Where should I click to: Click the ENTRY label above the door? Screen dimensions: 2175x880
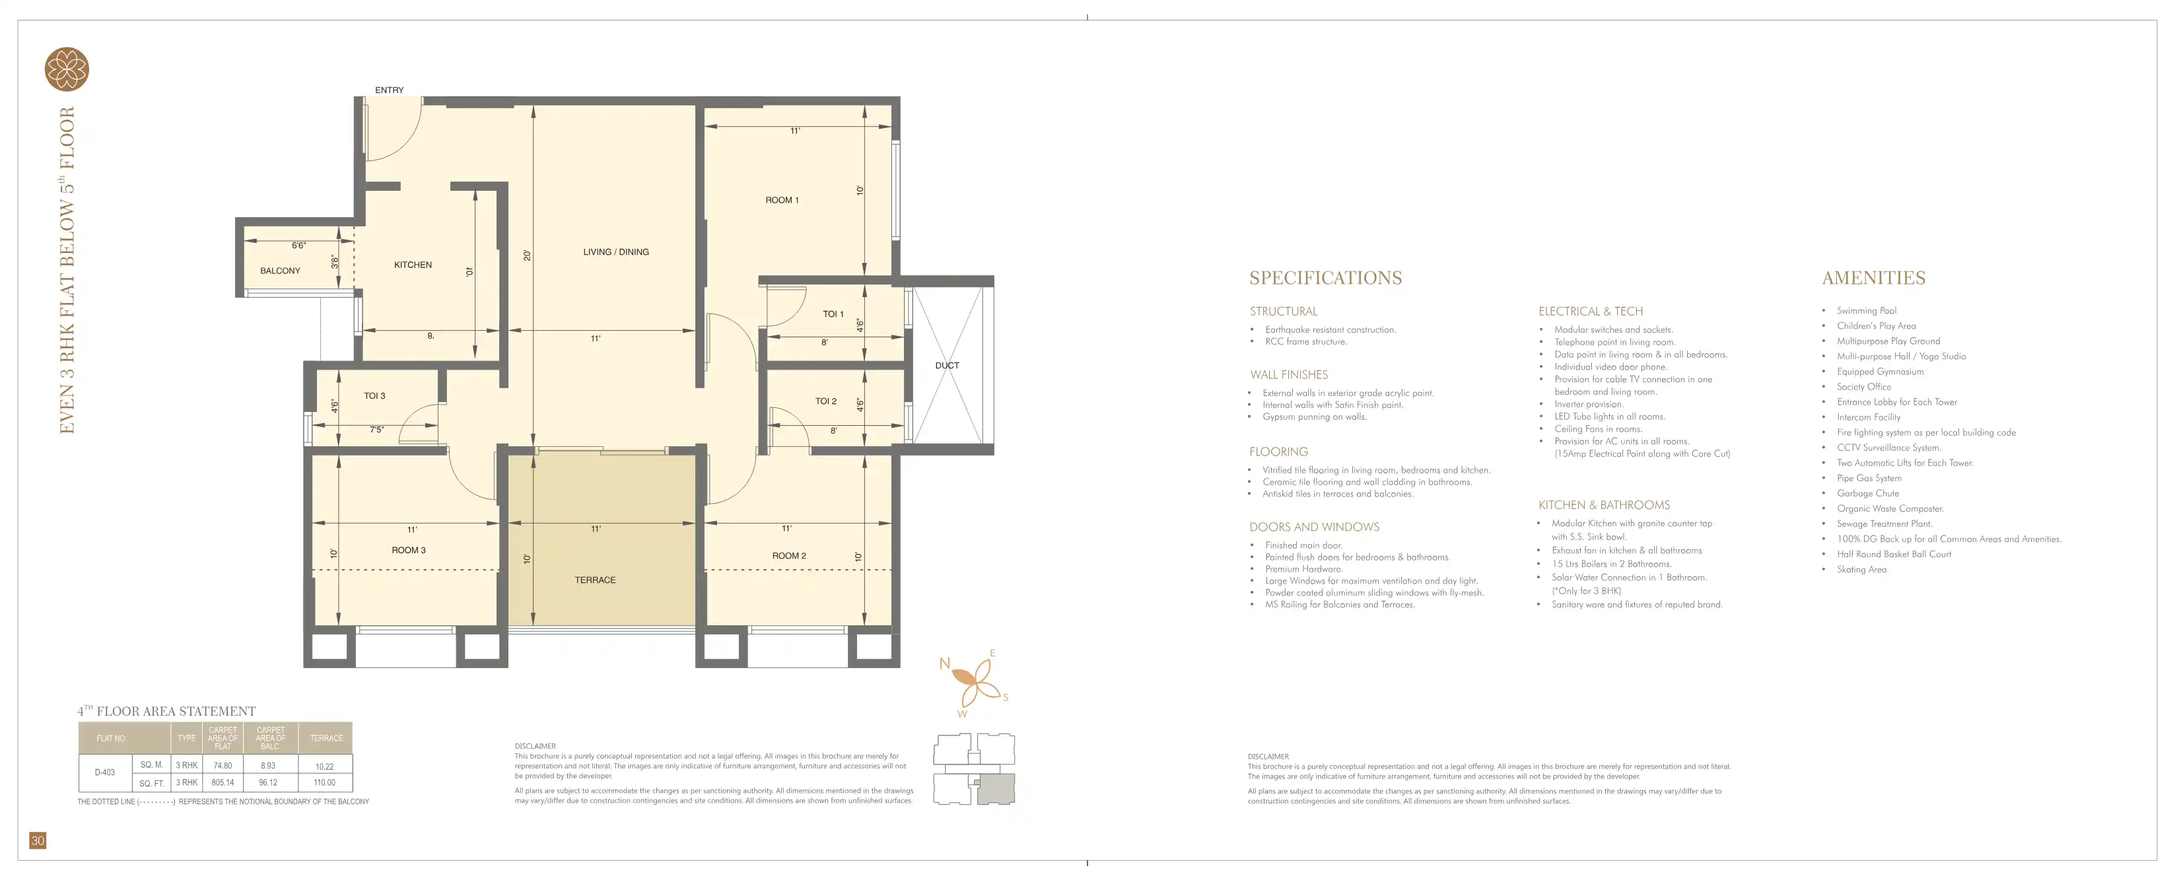pos(389,90)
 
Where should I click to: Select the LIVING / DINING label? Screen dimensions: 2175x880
pos(616,252)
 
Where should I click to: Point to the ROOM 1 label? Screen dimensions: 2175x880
pos(782,200)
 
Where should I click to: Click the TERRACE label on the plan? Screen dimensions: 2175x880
pos(596,580)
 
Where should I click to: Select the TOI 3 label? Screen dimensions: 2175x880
pos(375,396)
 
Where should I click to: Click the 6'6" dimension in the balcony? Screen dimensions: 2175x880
pos(299,246)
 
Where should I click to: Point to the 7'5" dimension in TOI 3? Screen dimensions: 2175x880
pos(376,430)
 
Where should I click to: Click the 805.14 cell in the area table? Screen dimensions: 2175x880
pos(223,783)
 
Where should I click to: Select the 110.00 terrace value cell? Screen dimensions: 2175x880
pos(325,783)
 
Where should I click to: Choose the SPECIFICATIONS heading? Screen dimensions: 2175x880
pos(1326,278)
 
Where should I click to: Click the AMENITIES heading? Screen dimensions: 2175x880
pos(1873,278)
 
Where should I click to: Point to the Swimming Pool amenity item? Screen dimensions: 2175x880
pos(1867,311)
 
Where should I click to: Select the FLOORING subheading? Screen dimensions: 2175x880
pos(1279,452)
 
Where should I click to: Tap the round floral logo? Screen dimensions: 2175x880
pos(67,69)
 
